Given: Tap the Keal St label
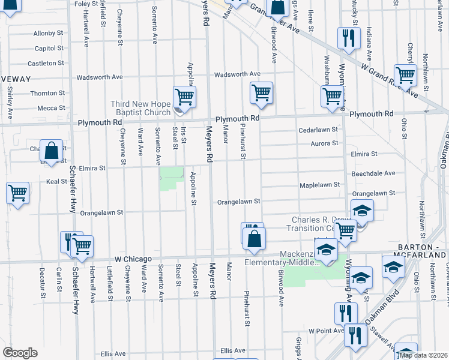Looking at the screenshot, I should (x=56, y=181).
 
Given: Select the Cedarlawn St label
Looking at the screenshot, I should (x=318, y=130).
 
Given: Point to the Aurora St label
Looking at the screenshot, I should (x=324, y=143).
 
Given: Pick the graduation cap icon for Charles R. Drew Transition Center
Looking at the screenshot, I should (x=362, y=211).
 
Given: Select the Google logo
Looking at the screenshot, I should (x=20, y=353).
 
